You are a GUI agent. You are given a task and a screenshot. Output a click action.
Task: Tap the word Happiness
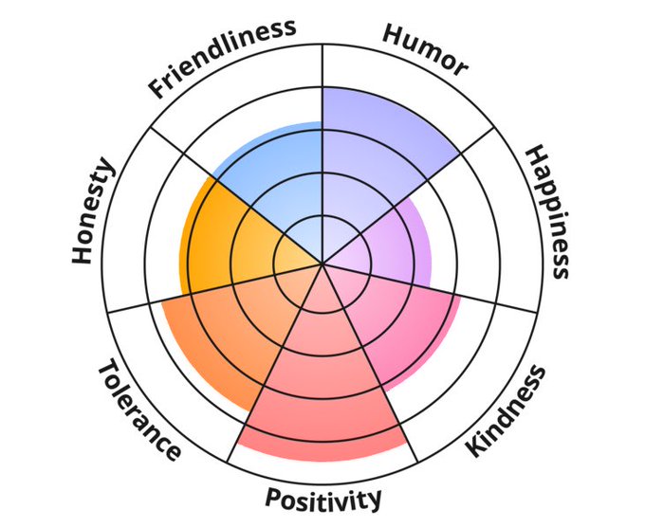549,210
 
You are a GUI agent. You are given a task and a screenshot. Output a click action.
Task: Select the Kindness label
507,412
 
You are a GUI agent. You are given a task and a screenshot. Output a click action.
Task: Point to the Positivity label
323,498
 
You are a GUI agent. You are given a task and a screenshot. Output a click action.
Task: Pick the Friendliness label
221,57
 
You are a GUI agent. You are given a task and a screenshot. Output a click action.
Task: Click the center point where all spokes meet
323,264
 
